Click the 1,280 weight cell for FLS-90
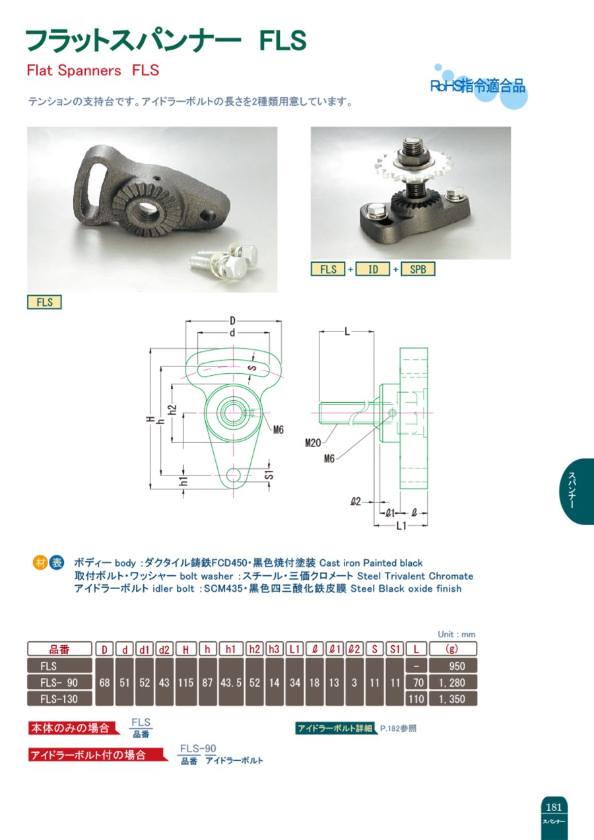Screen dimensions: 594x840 [453, 683]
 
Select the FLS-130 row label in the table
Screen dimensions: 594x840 [59, 699]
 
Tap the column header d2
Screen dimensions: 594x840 [164, 649]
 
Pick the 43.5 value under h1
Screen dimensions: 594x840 [231, 683]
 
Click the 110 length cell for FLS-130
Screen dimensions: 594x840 [416, 699]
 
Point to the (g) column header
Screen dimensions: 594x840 [453, 648]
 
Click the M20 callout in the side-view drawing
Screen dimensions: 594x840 [313, 443]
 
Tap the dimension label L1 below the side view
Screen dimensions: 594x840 [401, 526]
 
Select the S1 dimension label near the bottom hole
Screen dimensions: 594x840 [269, 475]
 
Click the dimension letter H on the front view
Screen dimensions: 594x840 [150, 419]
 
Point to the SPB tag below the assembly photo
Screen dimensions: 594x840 [418, 269]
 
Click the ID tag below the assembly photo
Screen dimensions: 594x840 [373, 269]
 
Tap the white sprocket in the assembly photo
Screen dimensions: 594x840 [405, 165]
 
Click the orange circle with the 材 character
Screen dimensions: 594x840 [40, 563]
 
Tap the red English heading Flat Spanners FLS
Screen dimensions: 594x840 [93, 71]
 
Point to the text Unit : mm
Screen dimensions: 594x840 [456, 634]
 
